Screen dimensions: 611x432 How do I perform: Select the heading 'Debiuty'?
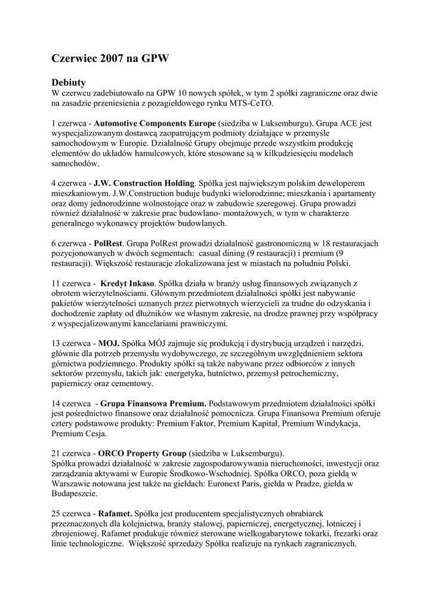point(69,82)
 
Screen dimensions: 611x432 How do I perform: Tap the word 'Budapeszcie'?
point(75,493)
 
